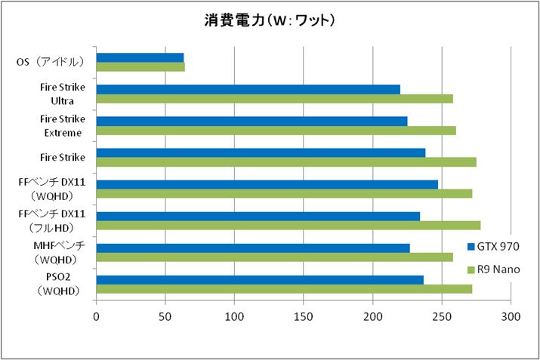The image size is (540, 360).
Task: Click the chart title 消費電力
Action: [x=270, y=20]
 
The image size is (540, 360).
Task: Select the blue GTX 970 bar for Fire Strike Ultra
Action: [x=248, y=89]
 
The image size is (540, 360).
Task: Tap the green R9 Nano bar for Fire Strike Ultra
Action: [x=274, y=99]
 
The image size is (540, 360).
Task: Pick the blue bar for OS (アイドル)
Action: [x=140, y=57]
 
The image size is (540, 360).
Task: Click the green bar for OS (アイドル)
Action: [x=140, y=67]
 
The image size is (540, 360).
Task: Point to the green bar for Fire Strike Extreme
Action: [x=276, y=131]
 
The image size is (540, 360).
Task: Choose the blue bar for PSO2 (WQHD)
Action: [x=260, y=279]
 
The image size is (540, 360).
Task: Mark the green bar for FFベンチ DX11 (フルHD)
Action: [x=288, y=225]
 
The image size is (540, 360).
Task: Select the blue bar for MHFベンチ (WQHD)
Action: [x=253, y=248]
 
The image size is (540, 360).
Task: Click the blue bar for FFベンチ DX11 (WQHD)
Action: [x=267, y=184]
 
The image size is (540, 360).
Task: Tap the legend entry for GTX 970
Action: [x=493, y=246]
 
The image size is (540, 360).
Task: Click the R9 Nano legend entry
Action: [x=493, y=269]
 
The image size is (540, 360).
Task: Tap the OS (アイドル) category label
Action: [x=51, y=63]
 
